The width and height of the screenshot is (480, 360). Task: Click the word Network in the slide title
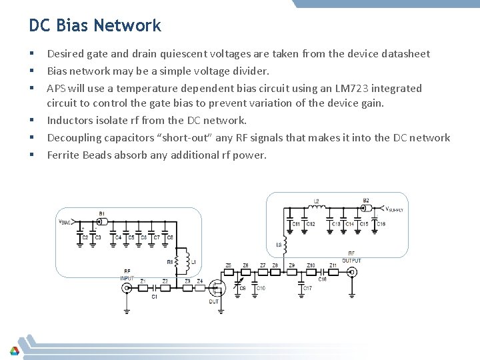tap(127, 26)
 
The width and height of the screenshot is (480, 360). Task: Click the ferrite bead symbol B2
tap(366, 208)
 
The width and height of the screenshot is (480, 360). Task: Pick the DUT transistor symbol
tap(215, 287)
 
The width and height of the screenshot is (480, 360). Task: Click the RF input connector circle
tap(127, 287)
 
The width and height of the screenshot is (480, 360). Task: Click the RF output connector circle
tap(352, 271)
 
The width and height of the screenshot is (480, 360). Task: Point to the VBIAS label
tap(66, 222)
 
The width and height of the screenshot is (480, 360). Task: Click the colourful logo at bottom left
tap(14, 350)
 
